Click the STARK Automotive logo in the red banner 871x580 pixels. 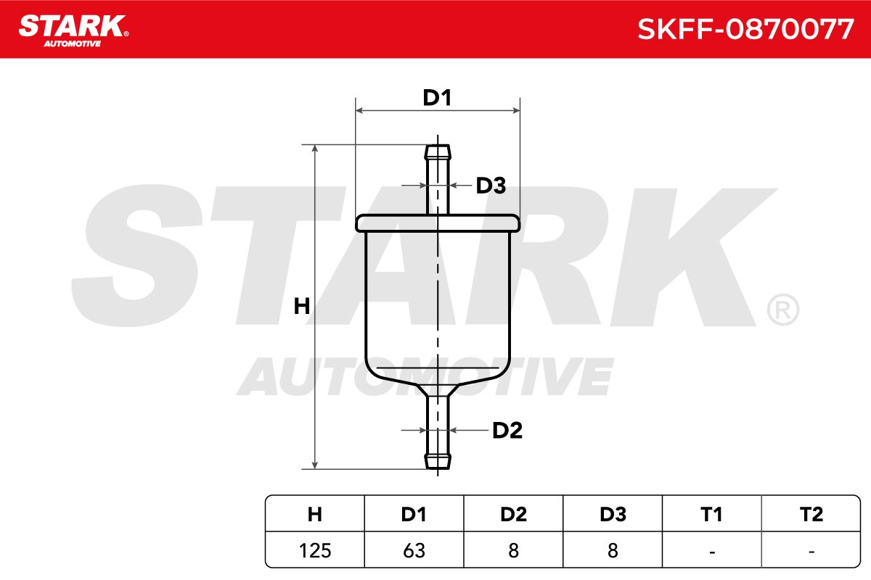click(73, 31)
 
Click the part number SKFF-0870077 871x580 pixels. click(745, 29)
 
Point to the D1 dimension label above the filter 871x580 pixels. click(437, 98)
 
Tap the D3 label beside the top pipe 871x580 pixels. click(491, 186)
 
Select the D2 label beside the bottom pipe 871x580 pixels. click(507, 431)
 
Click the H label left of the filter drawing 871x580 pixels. click(302, 306)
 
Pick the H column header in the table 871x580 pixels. click(314, 514)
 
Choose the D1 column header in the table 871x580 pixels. click(414, 514)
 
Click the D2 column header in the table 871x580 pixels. click(513, 514)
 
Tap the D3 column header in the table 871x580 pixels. click(613, 514)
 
